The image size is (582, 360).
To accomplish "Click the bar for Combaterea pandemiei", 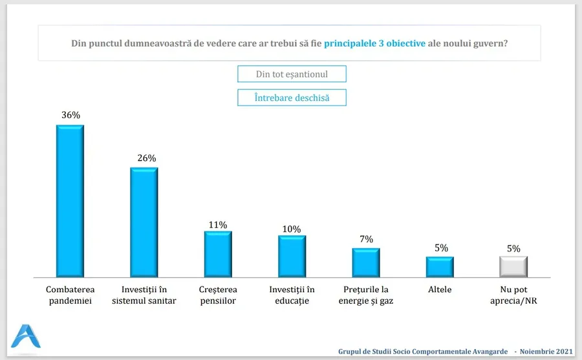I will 70,200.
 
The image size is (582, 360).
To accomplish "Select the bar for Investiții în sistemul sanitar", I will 144,222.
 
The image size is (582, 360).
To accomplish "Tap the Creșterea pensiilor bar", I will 218,253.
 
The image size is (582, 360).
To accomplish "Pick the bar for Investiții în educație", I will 292,255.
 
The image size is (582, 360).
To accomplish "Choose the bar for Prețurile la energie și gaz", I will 366,262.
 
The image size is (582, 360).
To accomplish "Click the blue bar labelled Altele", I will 440,266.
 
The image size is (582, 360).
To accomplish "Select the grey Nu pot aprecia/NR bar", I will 513,266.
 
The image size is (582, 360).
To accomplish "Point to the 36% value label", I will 70,115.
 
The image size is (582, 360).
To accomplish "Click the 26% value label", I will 144,158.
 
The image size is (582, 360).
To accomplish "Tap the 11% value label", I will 218,224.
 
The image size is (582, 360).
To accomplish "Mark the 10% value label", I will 292,229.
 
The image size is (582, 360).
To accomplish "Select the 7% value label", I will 366,239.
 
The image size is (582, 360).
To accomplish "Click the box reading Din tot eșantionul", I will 292,74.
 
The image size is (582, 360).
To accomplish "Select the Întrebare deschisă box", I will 292,98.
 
